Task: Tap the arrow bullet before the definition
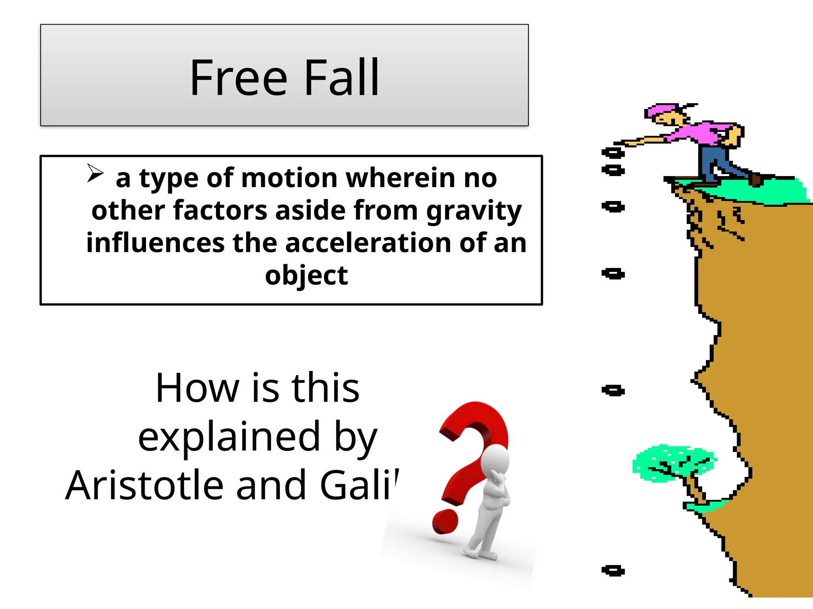pos(95,173)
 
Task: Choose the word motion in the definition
pos(290,178)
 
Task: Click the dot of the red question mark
pos(445,522)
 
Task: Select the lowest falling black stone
pos(613,571)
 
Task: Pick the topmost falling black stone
pos(613,153)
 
